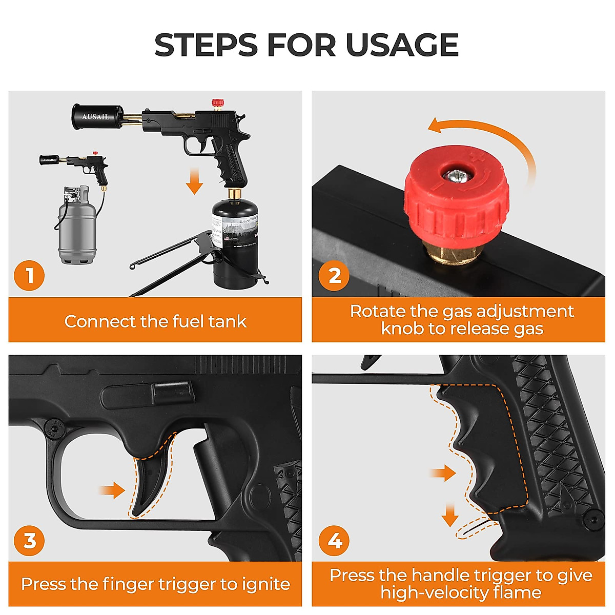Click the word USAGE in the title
pos(402,45)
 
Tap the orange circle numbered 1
pos(29,276)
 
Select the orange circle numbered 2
pos(334,276)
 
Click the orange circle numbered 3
pos(29,541)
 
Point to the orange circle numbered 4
pos(334,541)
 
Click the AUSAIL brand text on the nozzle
pos(96,117)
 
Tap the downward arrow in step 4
pos(450,515)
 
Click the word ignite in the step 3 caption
pos(265,584)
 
